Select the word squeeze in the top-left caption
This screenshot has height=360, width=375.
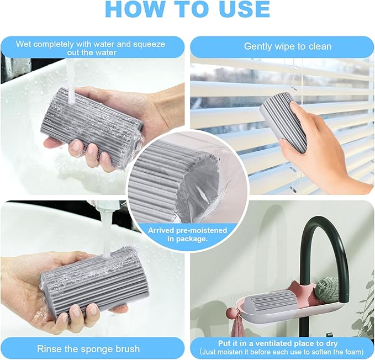pos(146,44)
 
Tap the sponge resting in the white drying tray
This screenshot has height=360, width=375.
pos(272,304)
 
